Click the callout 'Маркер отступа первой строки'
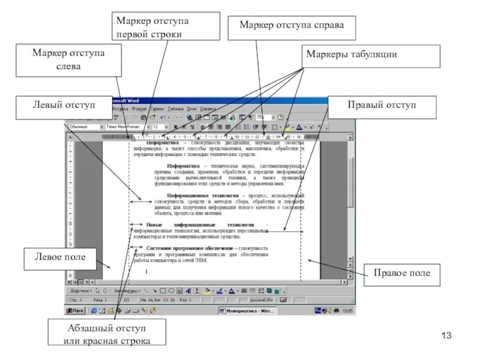tap(152, 28)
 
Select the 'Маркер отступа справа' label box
tap(292, 25)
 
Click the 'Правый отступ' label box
tap(382, 106)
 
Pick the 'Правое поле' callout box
tap(401, 273)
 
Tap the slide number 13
tap(446, 335)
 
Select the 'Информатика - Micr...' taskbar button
tap(247, 311)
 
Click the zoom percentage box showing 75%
tap(263, 118)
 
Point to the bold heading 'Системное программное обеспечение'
tap(190, 247)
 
